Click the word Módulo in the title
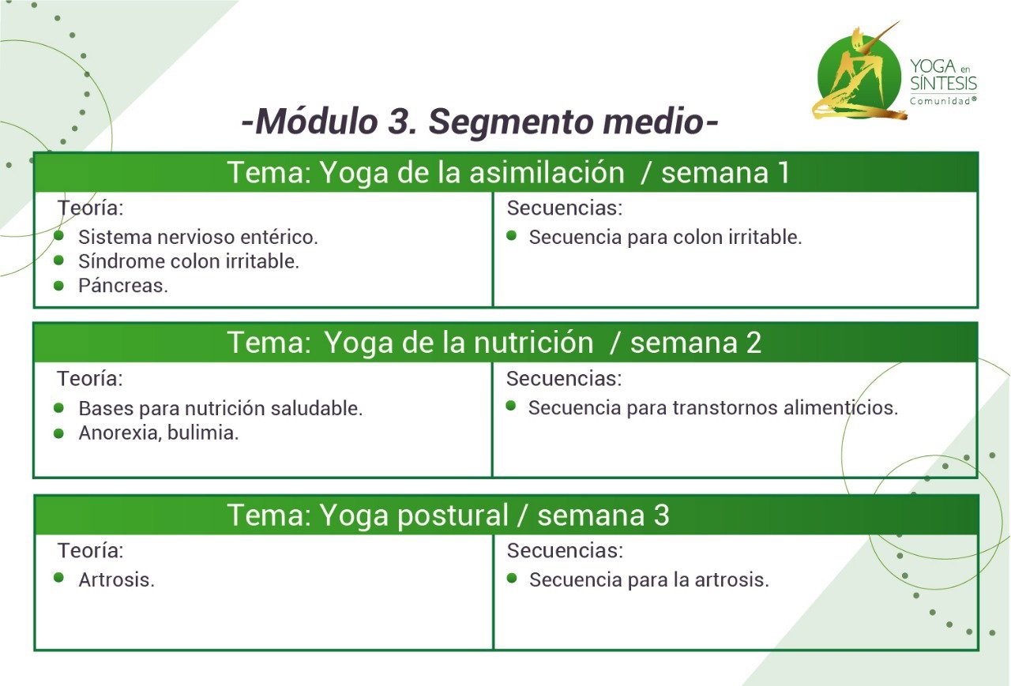(317, 122)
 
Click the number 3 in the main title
(401, 122)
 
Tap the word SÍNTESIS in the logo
(943, 84)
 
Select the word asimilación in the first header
(547, 173)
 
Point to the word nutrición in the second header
(533, 343)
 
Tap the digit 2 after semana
(754, 343)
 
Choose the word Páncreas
(123, 286)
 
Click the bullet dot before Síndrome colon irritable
(58, 261)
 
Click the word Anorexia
(121, 433)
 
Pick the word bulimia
(203, 433)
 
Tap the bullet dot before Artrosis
(58, 577)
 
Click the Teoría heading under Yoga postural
(90, 551)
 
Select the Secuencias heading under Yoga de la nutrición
(564, 379)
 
